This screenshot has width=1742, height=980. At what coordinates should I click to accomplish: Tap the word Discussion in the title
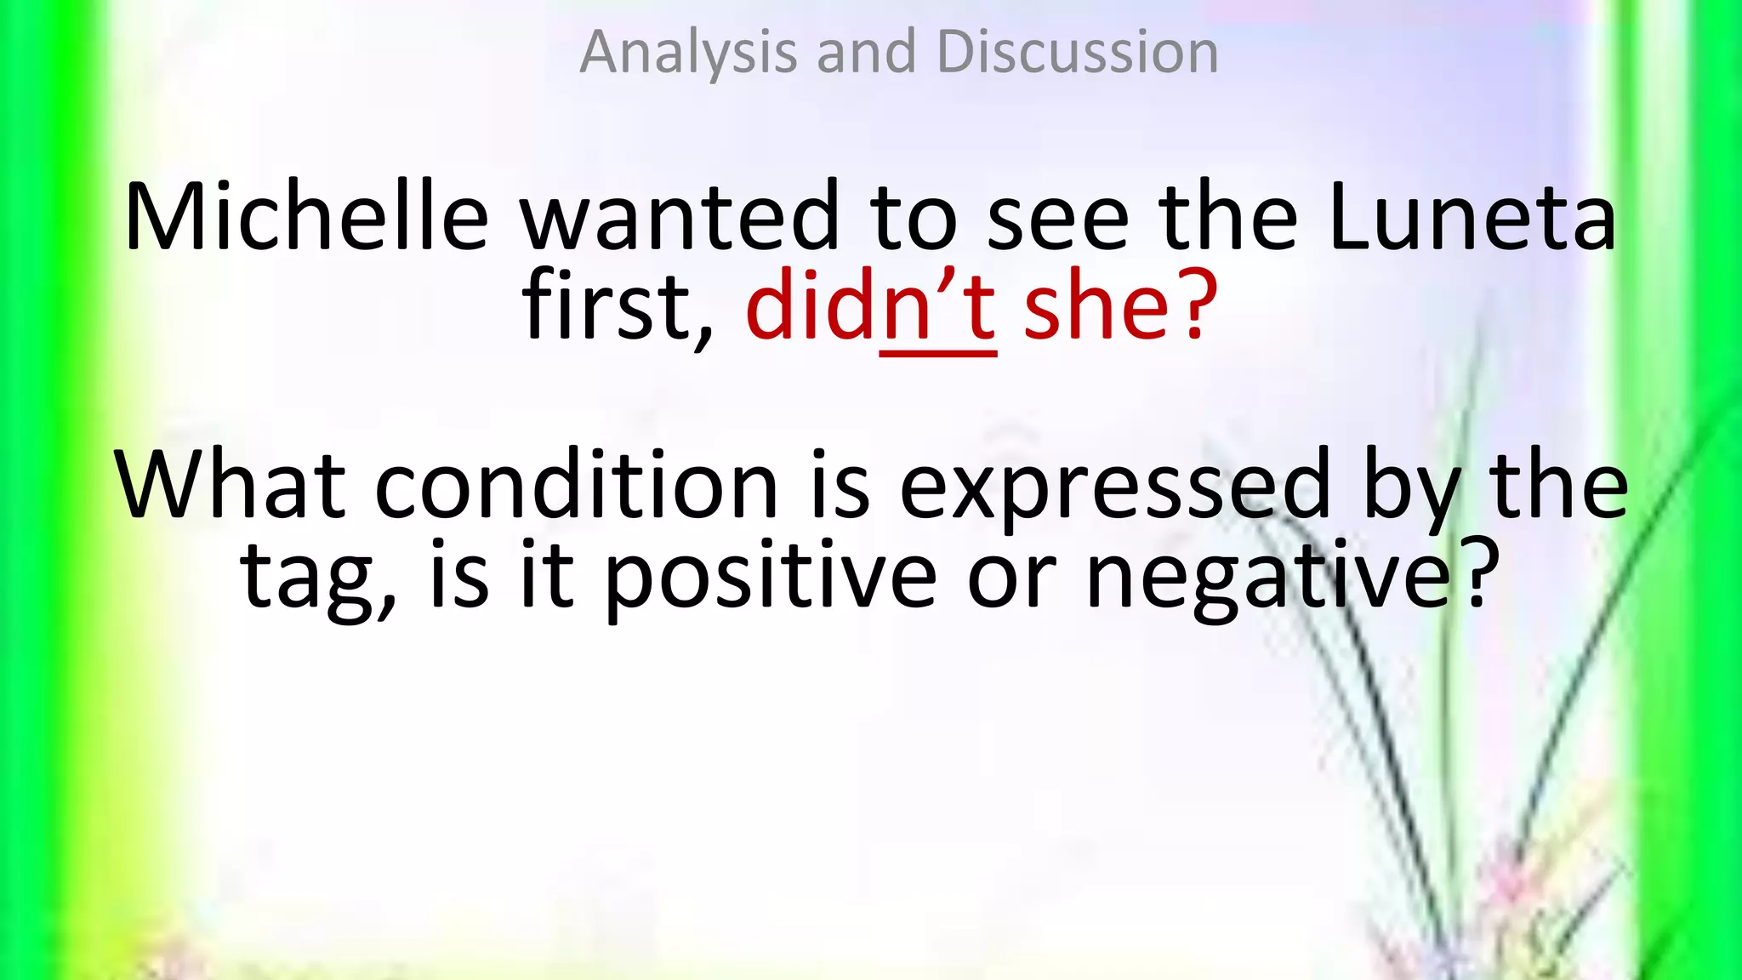1077,53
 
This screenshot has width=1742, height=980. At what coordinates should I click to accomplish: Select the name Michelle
306,216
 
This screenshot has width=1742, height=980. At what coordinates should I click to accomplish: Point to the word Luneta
1471,216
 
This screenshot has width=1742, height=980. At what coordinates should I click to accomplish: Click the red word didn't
869,305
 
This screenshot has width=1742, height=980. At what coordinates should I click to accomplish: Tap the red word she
1097,305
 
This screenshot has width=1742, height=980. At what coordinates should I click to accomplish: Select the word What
230,485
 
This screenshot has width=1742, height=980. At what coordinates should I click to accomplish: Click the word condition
576,485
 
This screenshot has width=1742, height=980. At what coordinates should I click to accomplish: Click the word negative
1267,578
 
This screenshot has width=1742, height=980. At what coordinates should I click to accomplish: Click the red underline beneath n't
937,353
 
